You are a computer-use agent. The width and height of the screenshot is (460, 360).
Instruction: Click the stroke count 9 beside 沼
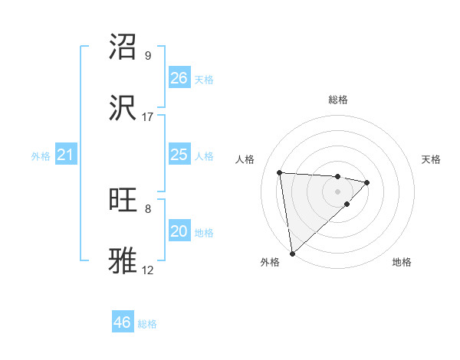(x=148, y=56)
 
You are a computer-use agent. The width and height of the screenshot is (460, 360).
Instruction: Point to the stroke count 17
(x=148, y=117)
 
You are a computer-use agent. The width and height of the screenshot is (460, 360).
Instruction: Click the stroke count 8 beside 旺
(x=148, y=208)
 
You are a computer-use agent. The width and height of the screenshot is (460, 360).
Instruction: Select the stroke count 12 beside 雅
(x=148, y=270)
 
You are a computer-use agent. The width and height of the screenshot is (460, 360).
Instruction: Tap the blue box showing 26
(x=179, y=78)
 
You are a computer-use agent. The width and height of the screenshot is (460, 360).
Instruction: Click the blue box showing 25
(x=179, y=155)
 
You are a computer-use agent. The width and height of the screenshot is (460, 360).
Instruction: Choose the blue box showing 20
(x=179, y=231)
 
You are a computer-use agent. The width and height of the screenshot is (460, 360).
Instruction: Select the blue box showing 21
(x=66, y=155)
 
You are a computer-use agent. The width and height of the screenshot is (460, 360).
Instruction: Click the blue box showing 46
(x=123, y=322)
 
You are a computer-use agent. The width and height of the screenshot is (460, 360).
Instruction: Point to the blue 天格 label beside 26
(x=204, y=80)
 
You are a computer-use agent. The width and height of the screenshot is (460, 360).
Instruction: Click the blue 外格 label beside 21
(x=41, y=156)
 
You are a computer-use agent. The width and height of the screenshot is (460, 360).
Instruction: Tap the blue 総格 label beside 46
(x=148, y=324)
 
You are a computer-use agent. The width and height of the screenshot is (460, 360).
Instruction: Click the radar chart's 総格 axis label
(x=337, y=100)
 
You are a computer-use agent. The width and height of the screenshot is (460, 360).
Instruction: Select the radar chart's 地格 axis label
(x=402, y=262)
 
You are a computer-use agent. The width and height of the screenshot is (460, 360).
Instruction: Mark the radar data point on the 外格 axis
(x=291, y=253)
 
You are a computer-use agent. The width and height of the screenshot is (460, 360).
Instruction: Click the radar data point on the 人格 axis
(x=280, y=172)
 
